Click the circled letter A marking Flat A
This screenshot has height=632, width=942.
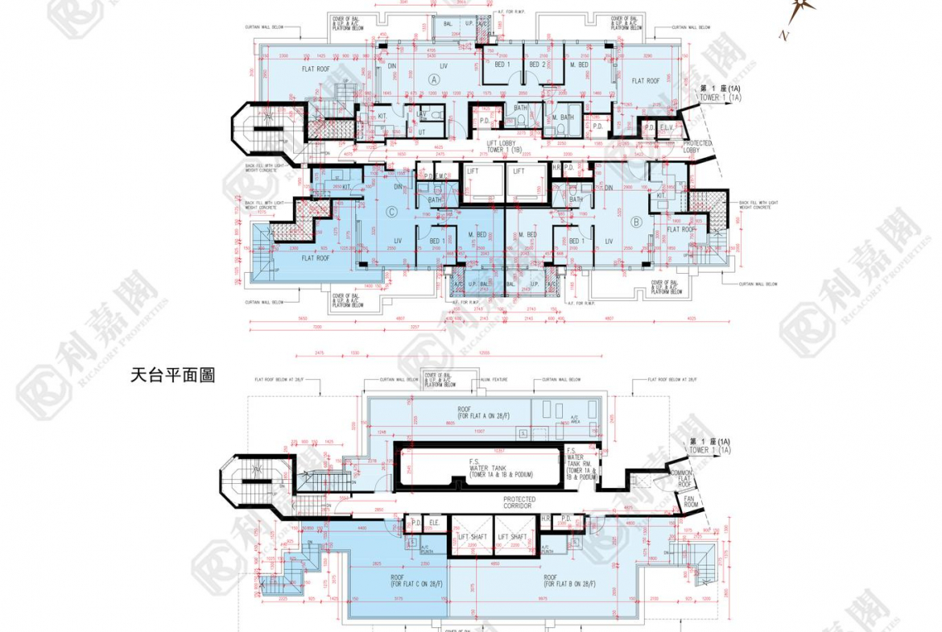click(435, 80)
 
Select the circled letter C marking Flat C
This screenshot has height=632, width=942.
click(391, 213)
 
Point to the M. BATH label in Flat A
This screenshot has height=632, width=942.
click(563, 118)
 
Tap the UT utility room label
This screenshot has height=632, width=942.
click(421, 130)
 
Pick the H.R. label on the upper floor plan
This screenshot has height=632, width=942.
click(556, 167)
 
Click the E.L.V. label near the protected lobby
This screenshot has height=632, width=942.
click(667, 127)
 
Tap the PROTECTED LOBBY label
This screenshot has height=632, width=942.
click(696, 147)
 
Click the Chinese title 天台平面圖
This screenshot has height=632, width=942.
click(172, 376)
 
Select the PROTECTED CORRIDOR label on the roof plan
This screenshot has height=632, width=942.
click(519, 503)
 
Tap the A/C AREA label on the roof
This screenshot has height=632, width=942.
click(575, 419)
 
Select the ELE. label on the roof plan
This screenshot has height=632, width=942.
click(433, 521)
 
